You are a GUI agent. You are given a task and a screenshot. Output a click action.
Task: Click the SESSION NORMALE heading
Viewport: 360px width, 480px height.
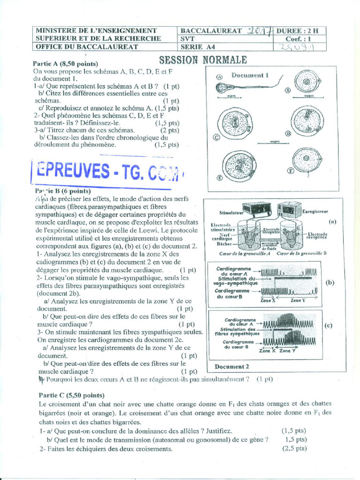point(202,60)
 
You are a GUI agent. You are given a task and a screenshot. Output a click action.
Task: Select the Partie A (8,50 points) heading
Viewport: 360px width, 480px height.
point(65,64)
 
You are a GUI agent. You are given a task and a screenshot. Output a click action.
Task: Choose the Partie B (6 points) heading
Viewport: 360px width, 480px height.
point(63,191)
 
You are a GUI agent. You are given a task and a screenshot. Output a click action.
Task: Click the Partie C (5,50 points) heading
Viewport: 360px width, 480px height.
point(72,395)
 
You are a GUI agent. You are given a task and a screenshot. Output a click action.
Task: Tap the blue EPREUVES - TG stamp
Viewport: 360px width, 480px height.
point(107,171)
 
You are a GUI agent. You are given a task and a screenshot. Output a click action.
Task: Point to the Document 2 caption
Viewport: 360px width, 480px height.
point(232,367)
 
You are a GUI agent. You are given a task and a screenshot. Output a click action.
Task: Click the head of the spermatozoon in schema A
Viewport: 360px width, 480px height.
point(221,87)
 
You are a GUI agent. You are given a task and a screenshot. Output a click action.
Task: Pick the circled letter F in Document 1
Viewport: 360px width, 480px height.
point(291,171)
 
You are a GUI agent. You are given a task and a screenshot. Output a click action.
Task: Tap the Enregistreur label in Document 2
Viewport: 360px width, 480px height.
point(315,211)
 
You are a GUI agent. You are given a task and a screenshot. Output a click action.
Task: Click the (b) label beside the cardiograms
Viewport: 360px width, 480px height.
point(330,282)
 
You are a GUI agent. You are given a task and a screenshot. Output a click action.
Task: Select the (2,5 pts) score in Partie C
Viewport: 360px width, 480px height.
point(294,449)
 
